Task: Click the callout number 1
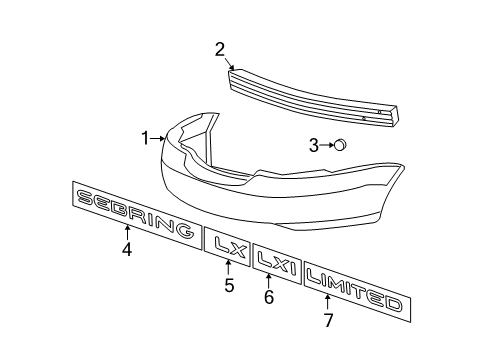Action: (x=146, y=137)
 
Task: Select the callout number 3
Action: (x=313, y=146)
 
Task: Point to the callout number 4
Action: (x=127, y=250)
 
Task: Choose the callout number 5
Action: (x=229, y=286)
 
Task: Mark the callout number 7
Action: (x=329, y=320)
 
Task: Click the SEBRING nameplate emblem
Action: (x=134, y=214)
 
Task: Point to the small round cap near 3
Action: (x=340, y=145)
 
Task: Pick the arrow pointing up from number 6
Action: (x=269, y=279)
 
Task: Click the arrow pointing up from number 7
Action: (x=329, y=303)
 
